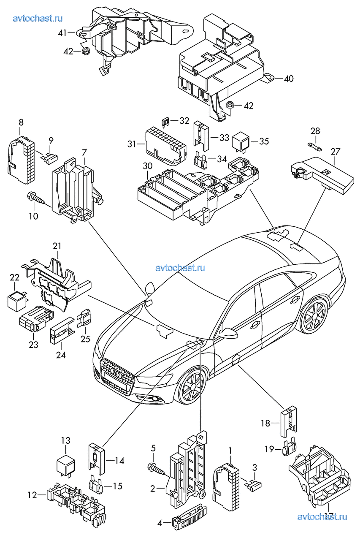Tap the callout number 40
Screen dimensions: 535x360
point(289,79)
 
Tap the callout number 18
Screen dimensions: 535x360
point(265,423)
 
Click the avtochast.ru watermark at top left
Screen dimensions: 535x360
point(38,18)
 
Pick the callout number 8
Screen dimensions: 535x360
point(21,122)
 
